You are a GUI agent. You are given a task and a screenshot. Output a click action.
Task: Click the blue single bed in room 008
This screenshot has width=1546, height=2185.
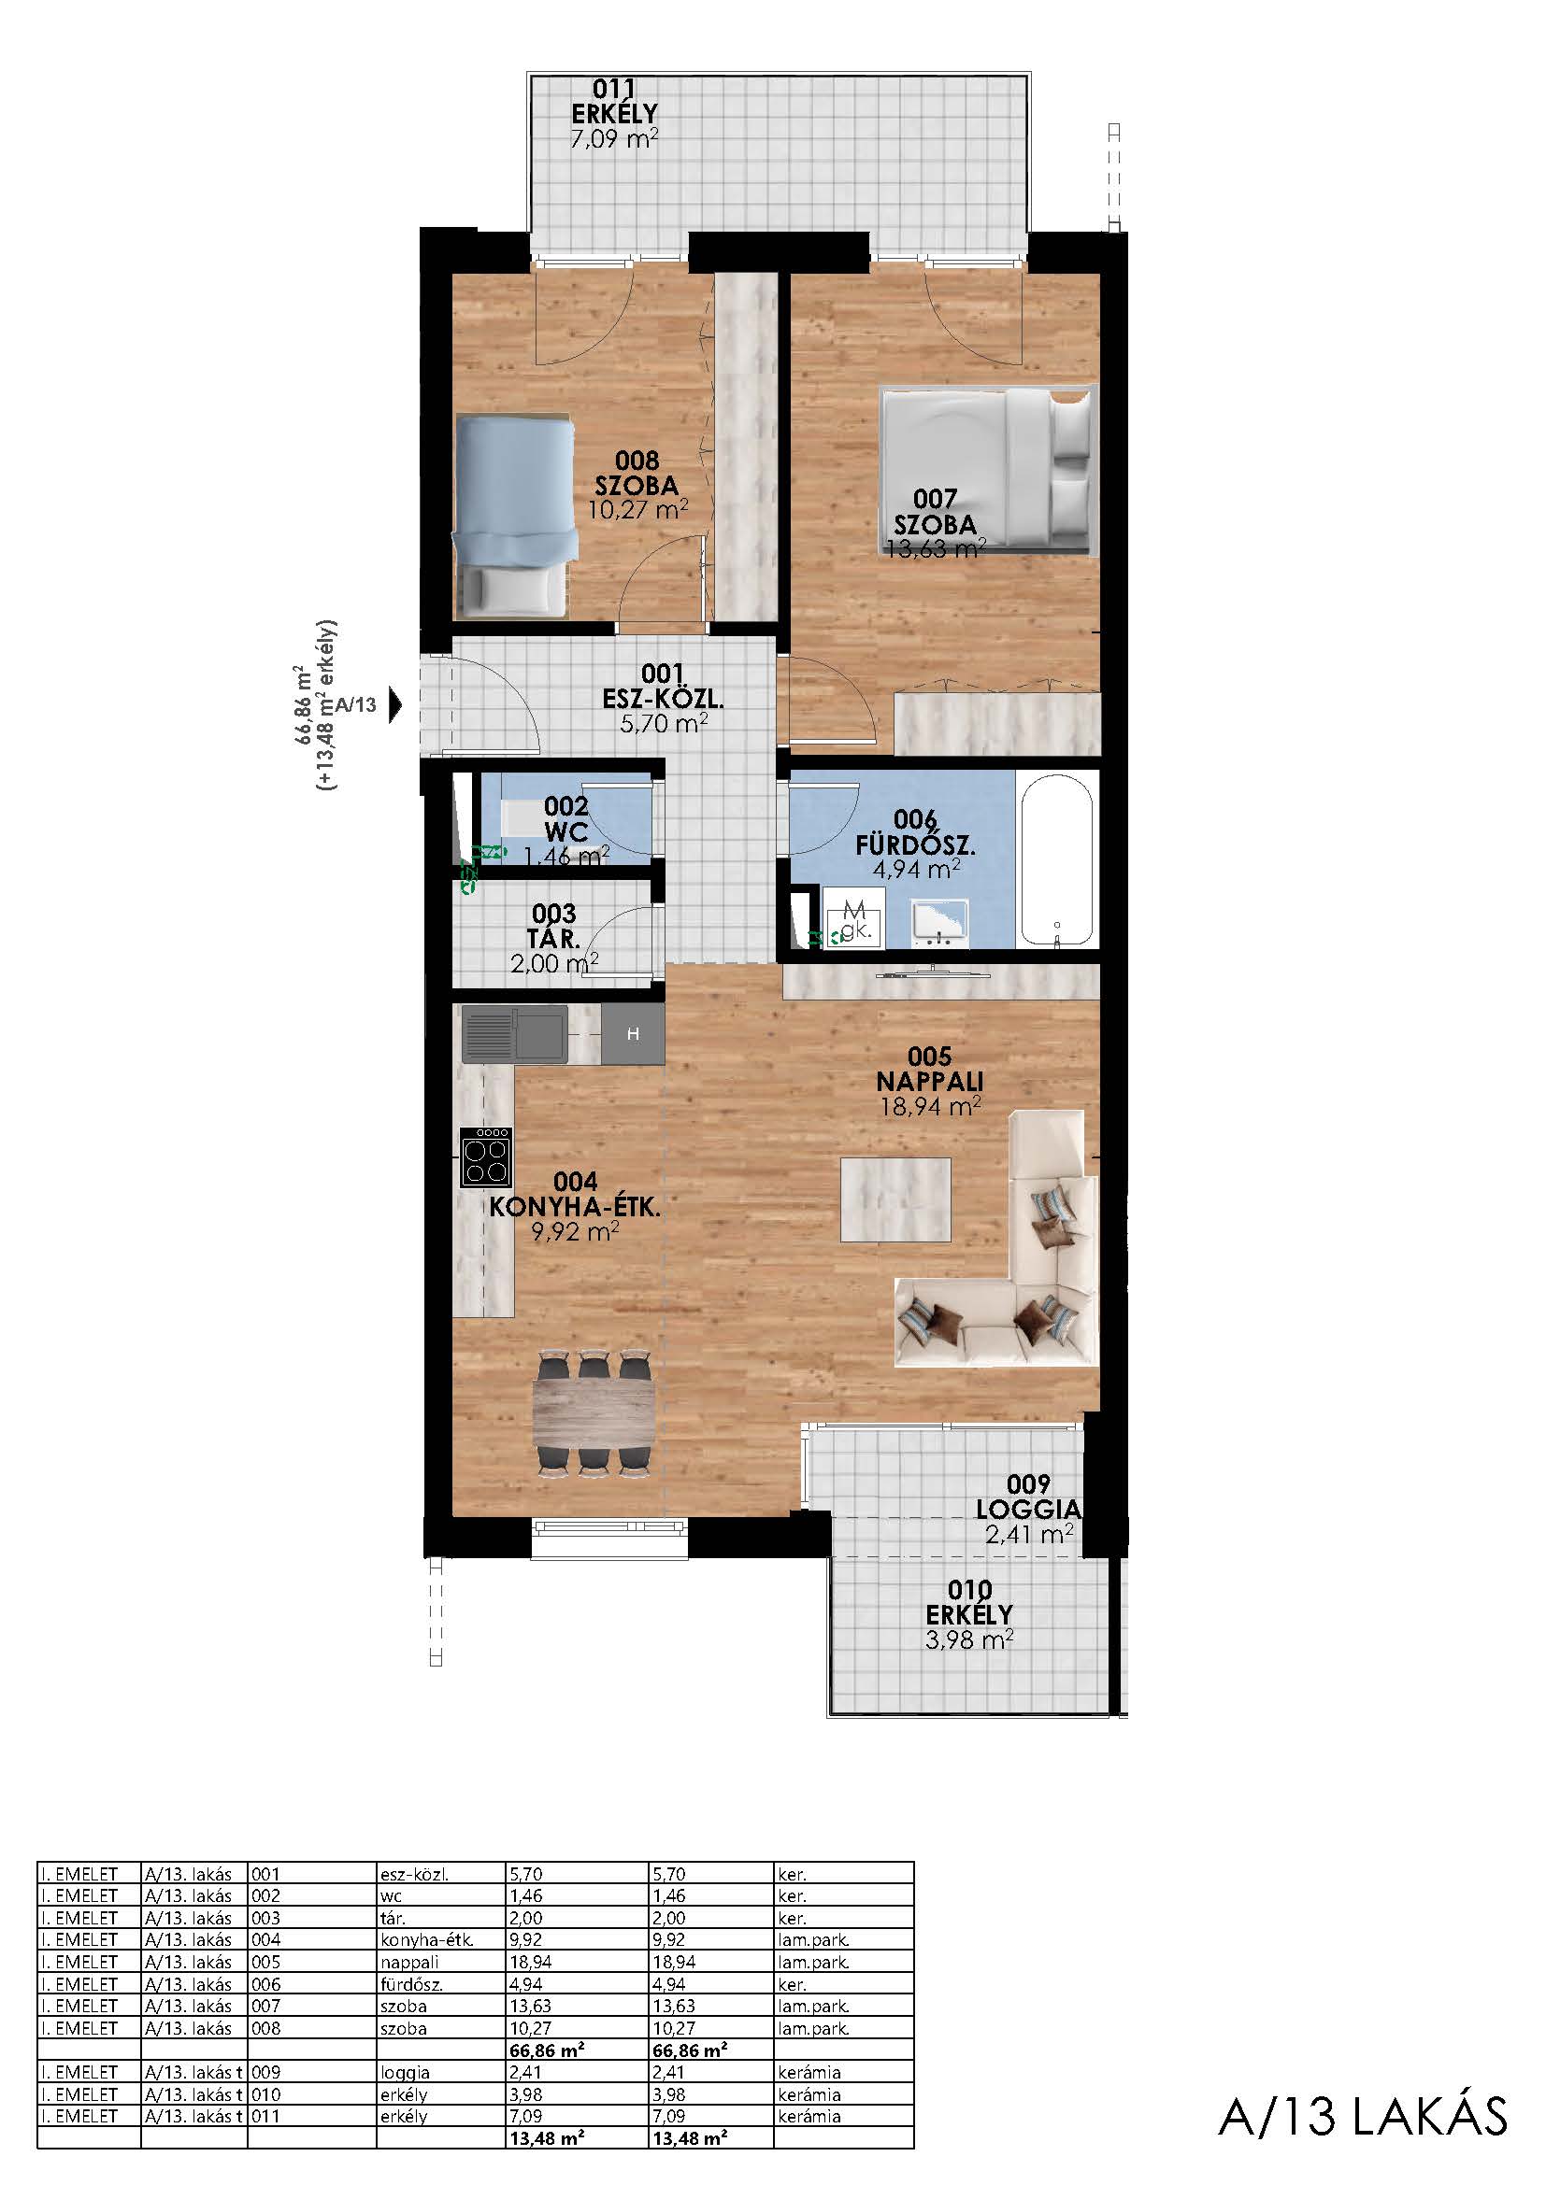(515, 517)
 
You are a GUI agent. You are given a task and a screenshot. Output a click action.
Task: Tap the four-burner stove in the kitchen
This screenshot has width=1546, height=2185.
(486, 1157)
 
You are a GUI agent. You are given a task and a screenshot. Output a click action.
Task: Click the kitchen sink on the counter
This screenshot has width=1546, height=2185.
(515, 1033)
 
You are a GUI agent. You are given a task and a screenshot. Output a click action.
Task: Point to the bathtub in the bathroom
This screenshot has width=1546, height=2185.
(1058, 858)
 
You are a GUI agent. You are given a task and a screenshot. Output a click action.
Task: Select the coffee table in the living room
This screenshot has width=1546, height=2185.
(895, 1199)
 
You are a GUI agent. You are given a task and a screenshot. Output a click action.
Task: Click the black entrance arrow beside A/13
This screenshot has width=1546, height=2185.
(396, 705)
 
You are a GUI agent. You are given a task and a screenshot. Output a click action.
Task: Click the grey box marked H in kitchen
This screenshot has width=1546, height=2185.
(633, 1034)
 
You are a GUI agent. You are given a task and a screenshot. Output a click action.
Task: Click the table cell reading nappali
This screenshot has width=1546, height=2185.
(409, 1963)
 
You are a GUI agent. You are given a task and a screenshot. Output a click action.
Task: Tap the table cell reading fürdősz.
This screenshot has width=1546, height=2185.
(411, 1984)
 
